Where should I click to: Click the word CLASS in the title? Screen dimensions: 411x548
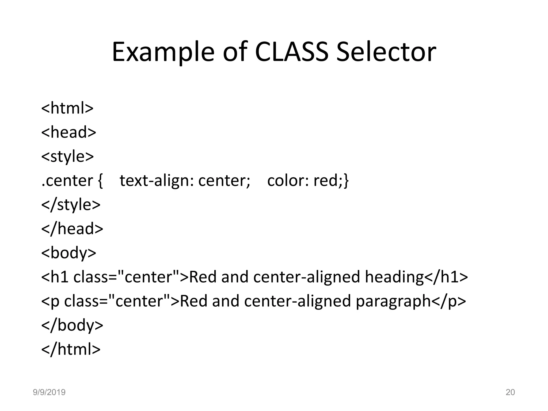click(292, 52)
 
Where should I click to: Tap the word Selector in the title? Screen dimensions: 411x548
click(386, 52)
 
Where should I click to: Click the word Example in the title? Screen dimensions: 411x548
click(163, 52)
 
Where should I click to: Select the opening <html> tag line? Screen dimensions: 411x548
click(67, 108)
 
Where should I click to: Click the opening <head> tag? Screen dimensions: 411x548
click(68, 132)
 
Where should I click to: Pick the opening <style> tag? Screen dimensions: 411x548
click(67, 156)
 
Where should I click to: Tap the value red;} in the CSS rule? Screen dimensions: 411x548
click(331, 181)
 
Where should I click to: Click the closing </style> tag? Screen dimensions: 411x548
click(71, 205)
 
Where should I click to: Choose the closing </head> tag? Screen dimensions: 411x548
click(72, 229)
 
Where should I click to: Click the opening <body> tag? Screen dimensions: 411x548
click(68, 253)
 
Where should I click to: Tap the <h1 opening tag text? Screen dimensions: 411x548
click(55, 277)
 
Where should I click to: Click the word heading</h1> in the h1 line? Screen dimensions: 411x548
click(416, 277)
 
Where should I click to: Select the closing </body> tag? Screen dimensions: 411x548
click(72, 325)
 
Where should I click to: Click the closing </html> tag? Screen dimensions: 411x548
click(71, 349)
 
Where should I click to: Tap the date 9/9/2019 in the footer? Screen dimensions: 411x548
click(49, 392)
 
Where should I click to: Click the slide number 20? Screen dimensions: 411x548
click(510, 392)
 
